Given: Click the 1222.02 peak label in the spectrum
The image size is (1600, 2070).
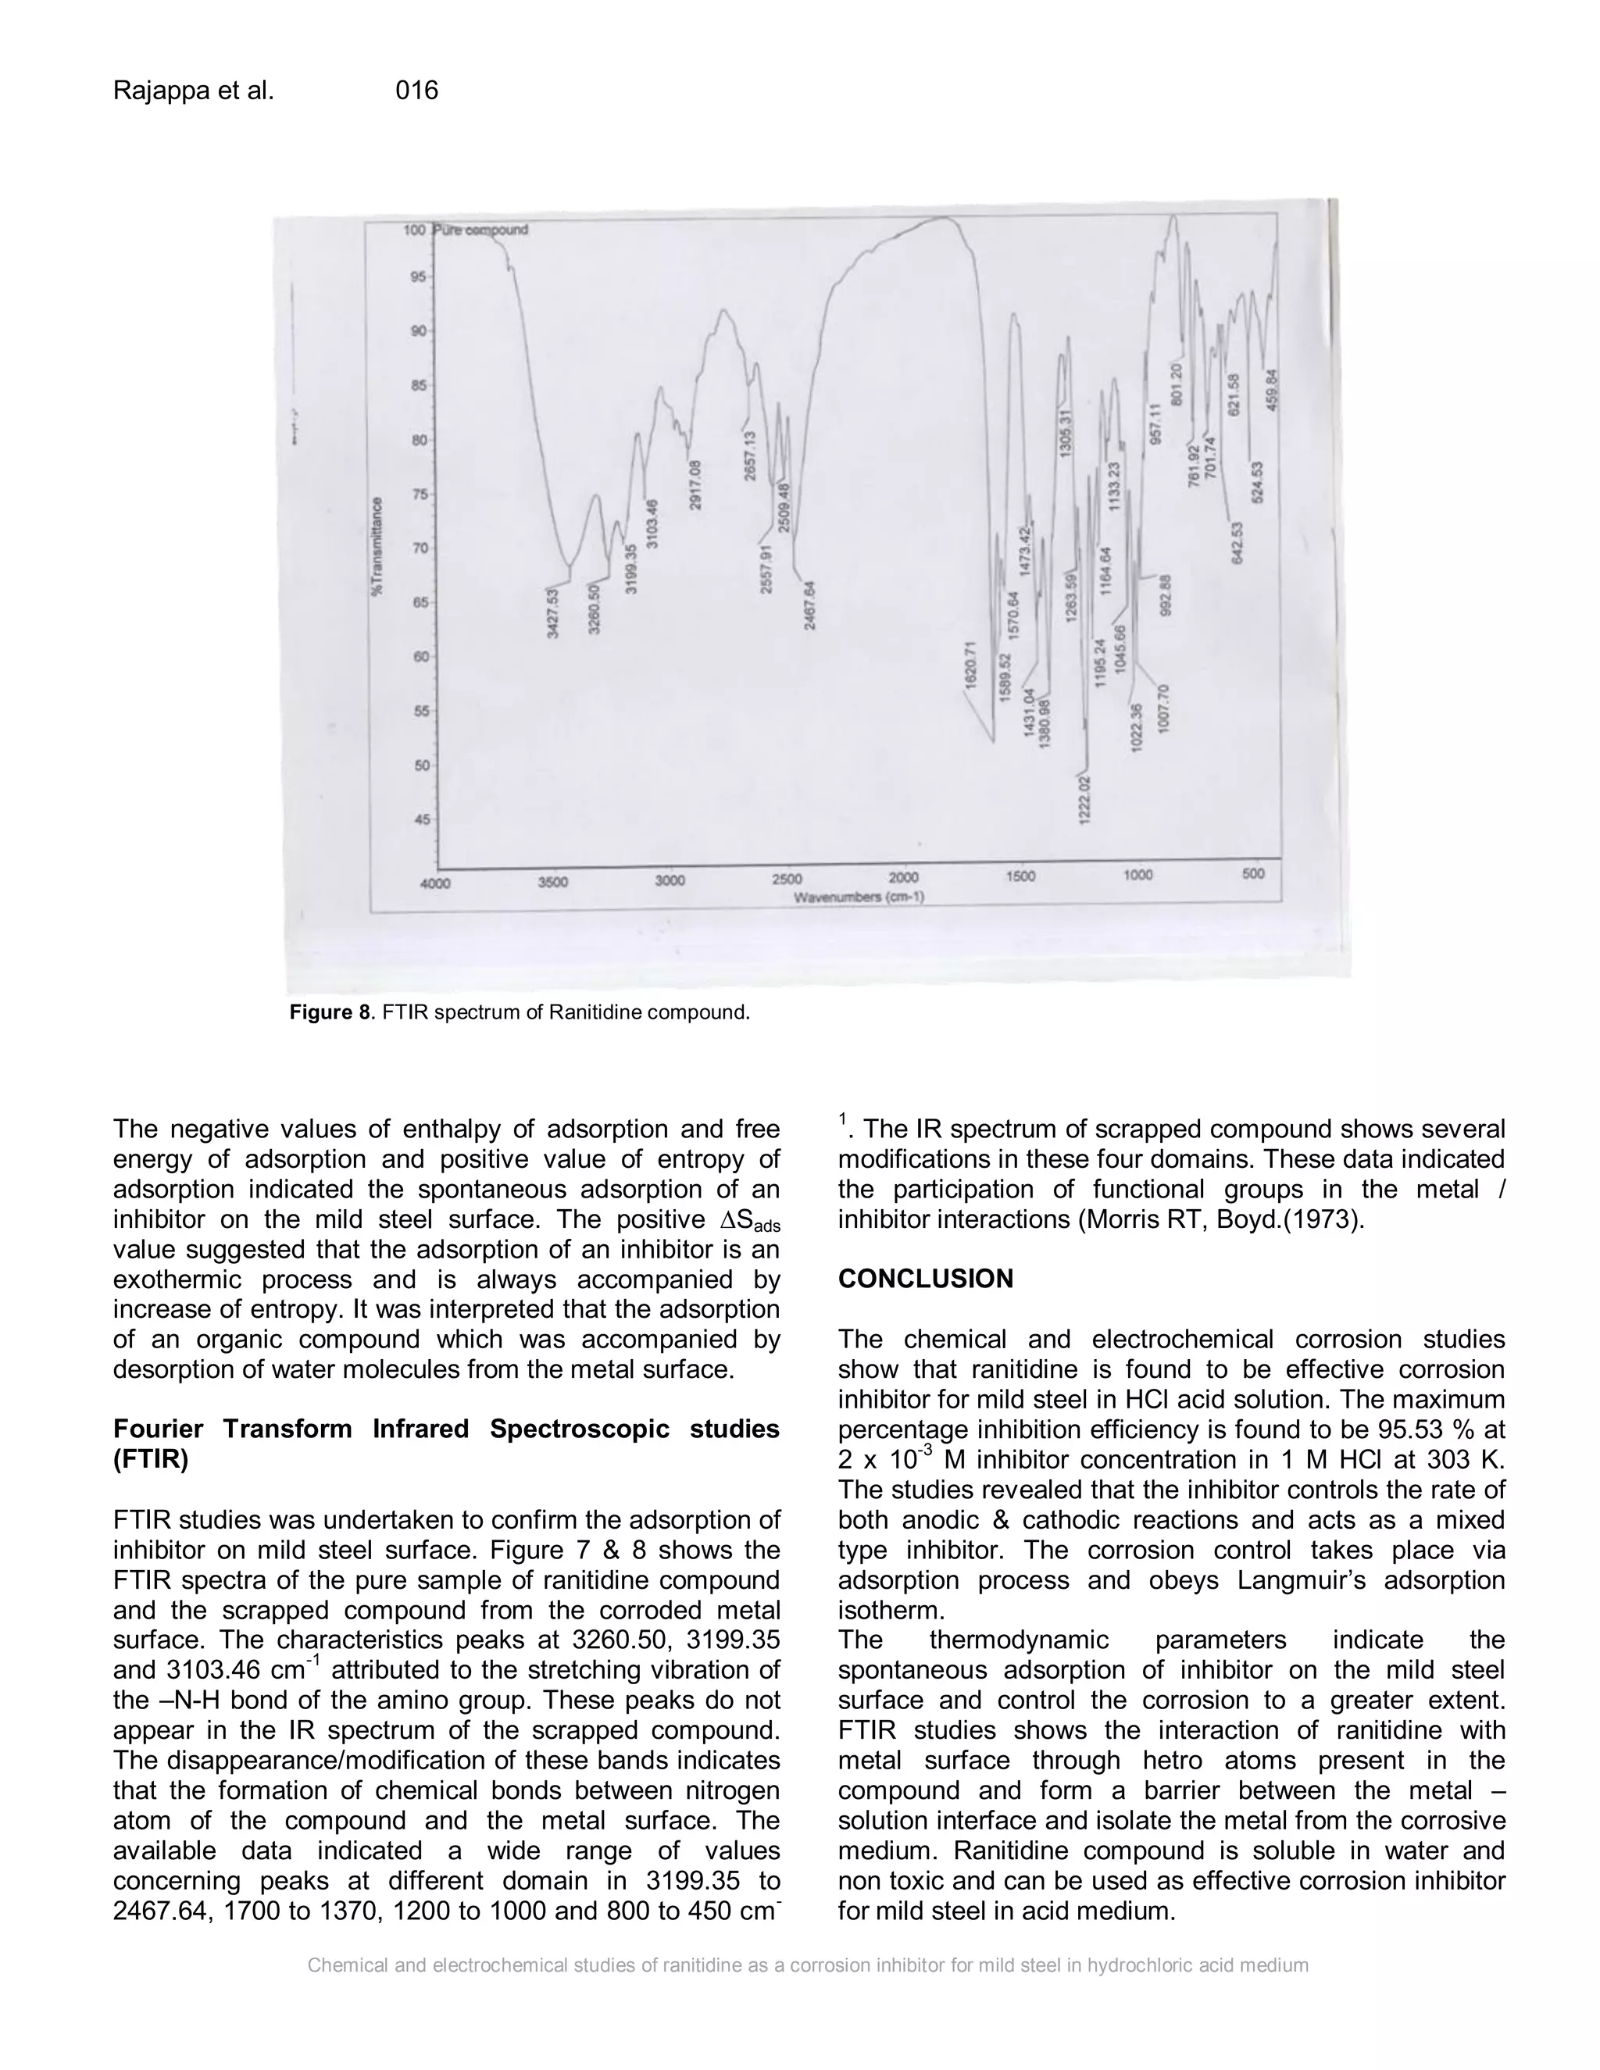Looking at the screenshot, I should pos(1085,799).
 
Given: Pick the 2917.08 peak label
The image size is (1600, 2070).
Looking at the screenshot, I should pos(695,484).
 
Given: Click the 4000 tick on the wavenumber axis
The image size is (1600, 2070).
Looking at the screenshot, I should pos(435,883).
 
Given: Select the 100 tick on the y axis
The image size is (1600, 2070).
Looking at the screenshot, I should pos(415,230).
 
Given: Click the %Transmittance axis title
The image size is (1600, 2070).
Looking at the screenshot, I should pos(377,547).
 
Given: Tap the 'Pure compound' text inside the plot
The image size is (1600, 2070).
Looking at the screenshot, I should pos(480,230).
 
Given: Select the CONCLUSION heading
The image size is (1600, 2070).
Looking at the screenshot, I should pos(925,1279).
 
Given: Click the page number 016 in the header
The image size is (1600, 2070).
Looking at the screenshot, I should pos(416,91).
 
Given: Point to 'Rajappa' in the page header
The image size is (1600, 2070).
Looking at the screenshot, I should pos(155,91).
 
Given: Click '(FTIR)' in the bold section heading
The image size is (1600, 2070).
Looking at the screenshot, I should pos(151,1460).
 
